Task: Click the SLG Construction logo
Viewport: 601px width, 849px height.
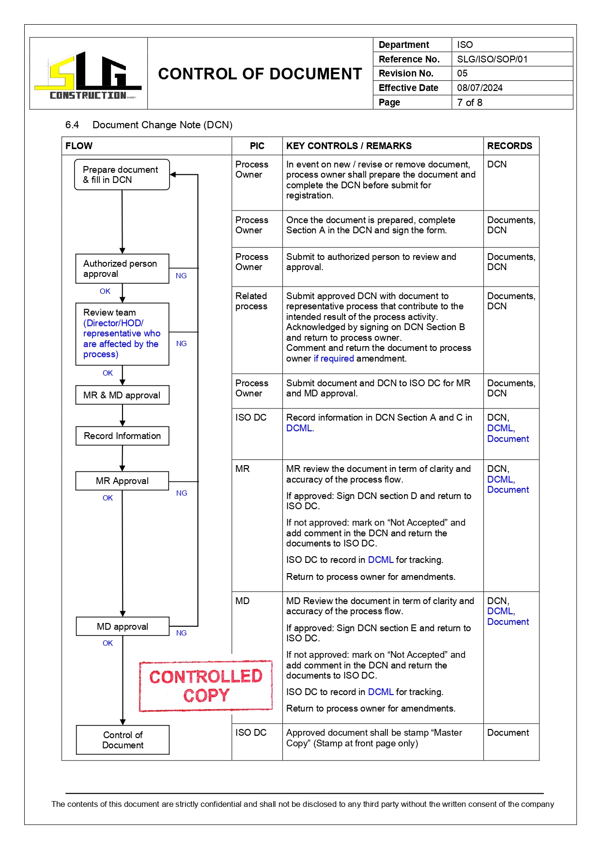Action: pos(88,75)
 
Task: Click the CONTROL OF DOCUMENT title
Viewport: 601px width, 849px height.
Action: pos(260,74)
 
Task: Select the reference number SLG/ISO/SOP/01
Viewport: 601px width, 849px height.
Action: pos(492,59)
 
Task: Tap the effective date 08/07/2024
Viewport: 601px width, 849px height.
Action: pos(479,88)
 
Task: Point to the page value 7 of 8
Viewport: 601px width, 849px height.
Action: pos(469,102)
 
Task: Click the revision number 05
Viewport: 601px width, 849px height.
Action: pos(462,73)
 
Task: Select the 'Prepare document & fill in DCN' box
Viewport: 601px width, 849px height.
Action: pos(122,175)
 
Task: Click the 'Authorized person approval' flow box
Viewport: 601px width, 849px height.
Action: pos(122,269)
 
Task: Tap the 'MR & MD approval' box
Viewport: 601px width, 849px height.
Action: pos(122,395)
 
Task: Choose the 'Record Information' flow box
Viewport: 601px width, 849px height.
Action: pos(122,436)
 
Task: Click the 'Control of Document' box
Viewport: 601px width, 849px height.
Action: pos(123,740)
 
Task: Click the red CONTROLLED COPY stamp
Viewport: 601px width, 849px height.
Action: pos(206,686)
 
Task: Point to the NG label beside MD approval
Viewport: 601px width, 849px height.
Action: pos(181,633)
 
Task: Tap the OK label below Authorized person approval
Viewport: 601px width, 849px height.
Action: pos(105,291)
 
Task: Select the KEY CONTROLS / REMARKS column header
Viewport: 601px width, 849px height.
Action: pos(349,146)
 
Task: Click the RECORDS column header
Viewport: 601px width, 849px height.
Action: pos(509,146)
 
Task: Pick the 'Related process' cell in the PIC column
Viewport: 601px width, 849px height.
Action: pos(251,301)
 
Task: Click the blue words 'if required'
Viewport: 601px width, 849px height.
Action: pos(334,358)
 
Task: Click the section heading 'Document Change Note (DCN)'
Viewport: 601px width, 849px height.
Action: pos(162,125)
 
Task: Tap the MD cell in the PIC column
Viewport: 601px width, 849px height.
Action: pos(243,601)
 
